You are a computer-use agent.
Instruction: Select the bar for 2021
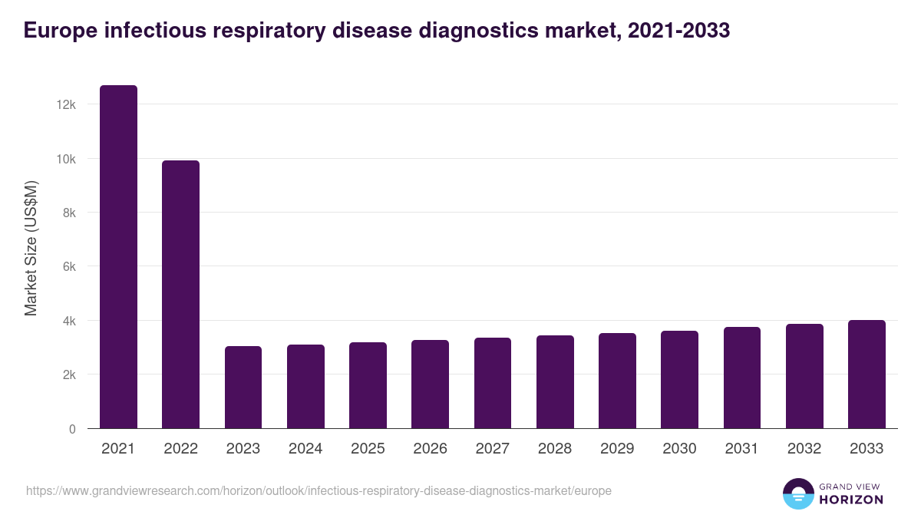point(118,257)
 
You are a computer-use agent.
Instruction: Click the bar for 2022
point(180,295)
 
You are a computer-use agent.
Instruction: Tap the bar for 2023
point(243,388)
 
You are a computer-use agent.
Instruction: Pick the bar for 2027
point(493,383)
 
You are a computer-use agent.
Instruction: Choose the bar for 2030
point(679,380)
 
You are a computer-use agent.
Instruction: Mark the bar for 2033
point(867,374)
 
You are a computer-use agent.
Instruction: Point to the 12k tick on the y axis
point(66,104)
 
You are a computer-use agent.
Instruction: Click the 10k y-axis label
point(66,159)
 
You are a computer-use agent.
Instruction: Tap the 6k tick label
point(68,267)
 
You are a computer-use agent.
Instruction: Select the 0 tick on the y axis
point(72,429)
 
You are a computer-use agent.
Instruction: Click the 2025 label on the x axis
point(368,449)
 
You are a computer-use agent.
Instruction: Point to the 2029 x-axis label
point(617,449)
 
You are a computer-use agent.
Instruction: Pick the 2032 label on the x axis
point(804,449)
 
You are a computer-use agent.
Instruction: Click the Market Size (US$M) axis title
point(31,248)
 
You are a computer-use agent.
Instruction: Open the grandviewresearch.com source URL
point(319,490)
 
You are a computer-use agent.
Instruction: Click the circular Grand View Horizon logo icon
point(798,493)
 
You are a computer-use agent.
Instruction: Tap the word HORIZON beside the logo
point(850,500)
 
